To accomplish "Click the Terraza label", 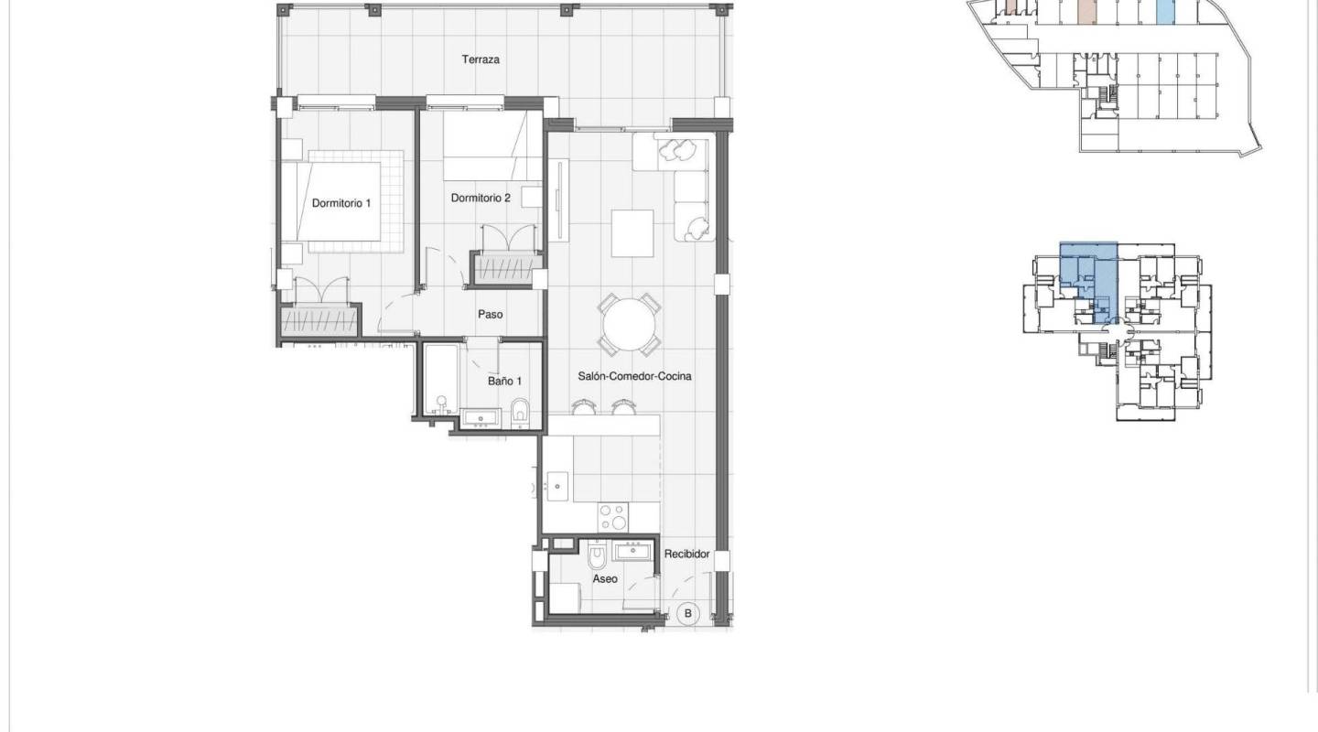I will (481, 59).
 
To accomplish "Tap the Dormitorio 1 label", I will (341, 203).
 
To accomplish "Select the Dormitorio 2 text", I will (481, 197).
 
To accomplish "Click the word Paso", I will (491, 315).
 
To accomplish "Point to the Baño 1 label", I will (504, 381).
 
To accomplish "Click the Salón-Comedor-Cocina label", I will (634, 376).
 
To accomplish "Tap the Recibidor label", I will (687, 554).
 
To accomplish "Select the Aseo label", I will (604, 579).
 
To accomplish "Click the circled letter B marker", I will (688, 613).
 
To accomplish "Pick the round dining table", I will (629, 325).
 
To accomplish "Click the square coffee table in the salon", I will (632, 233).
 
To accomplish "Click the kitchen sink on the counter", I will (556, 482).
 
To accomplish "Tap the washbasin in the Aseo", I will (632, 551).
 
